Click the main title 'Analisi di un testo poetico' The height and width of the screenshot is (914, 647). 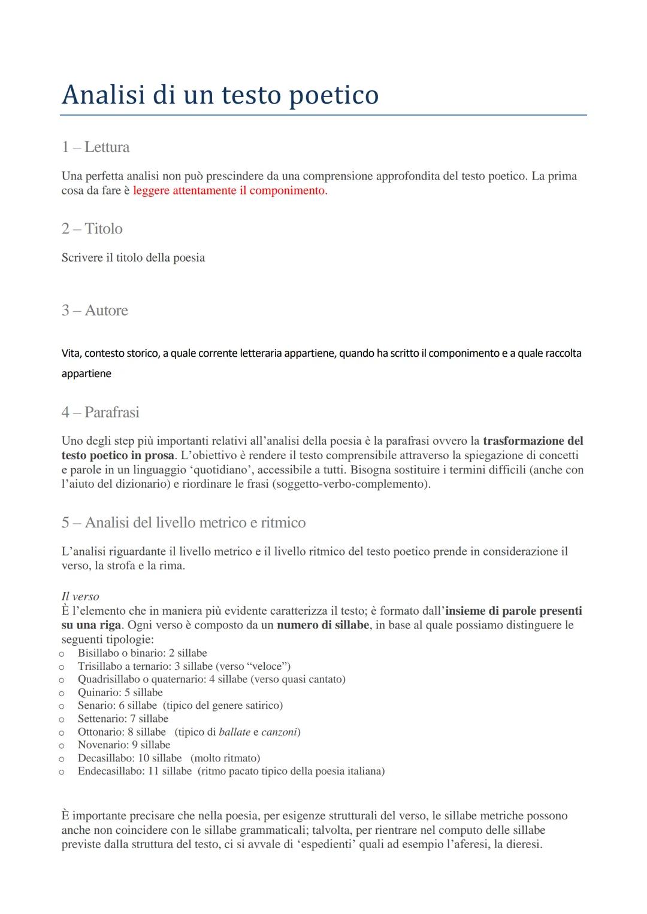click(220, 95)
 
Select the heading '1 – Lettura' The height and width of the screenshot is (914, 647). click(95, 147)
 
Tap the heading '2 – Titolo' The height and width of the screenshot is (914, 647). click(92, 229)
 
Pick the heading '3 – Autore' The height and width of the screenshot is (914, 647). click(95, 311)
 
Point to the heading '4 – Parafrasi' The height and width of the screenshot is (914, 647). click(100, 412)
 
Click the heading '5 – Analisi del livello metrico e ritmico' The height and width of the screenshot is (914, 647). click(183, 523)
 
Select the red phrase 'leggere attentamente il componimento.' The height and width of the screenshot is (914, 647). click(230, 191)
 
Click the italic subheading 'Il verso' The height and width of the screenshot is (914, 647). click(80, 596)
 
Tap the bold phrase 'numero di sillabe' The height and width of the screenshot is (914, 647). click(322, 625)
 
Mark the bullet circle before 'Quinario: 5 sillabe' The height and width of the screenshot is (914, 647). click(61, 693)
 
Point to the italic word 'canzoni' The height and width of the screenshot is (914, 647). click(279, 732)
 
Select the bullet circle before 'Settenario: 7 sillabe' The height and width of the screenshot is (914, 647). click(61, 719)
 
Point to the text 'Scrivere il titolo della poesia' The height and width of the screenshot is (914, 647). click(133, 258)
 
